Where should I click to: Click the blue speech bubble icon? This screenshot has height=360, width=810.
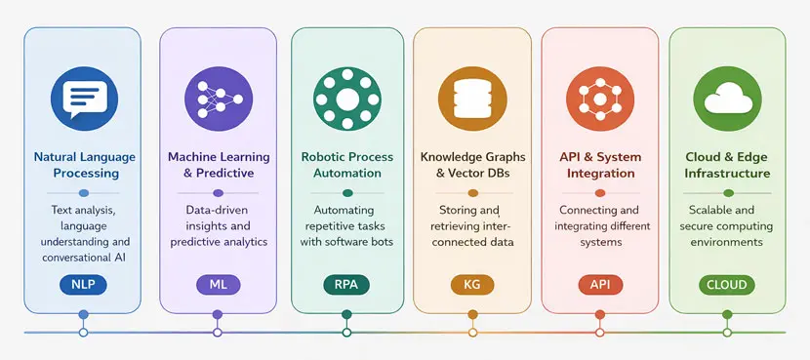[x=83, y=98]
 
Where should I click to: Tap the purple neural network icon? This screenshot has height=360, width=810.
[x=217, y=98]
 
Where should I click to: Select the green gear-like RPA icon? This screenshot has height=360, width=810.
[x=346, y=98]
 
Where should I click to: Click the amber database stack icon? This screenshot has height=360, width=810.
[x=472, y=98]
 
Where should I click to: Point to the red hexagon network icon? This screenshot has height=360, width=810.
[x=596, y=98]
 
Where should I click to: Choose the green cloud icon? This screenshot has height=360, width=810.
[x=727, y=98]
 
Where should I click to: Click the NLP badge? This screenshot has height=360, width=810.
[x=83, y=284]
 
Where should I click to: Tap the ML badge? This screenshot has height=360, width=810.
[x=217, y=284]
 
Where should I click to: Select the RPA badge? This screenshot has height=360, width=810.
[x=346, y=284]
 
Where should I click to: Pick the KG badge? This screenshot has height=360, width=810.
[x=472, y=284]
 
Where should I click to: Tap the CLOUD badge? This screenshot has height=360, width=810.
[x=727, y=285]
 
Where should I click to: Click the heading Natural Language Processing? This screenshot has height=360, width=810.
[x=84, y=165]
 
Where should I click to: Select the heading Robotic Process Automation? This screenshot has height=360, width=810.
[x=346, y=165]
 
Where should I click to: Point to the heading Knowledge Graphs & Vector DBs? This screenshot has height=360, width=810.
[x=472, y=165]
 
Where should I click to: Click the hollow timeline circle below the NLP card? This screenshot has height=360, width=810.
[x=83, y=333]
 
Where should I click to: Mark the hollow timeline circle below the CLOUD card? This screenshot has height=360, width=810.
[x=727, y=333]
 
